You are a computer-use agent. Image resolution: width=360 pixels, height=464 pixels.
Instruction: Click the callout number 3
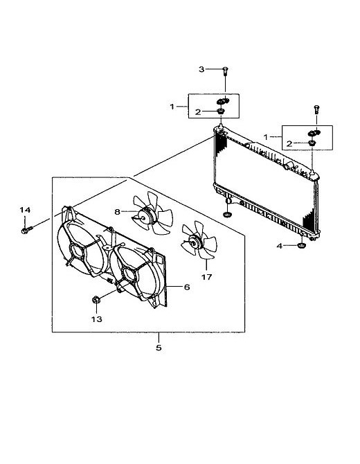click(x=201, y=69)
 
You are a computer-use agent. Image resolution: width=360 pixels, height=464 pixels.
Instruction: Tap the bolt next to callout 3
click(x=226, y=71)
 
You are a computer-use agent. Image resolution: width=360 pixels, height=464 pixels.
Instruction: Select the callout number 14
click(x=25, y=210)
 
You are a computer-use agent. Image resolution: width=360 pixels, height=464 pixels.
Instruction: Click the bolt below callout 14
click(x=26, y=230)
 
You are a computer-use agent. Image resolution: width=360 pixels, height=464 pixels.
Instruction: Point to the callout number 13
click(x=97, y=319)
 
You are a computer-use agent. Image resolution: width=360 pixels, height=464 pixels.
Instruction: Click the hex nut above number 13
click(x=96, y=299)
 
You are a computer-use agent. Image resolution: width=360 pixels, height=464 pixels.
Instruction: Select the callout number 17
click(x=207, y=277)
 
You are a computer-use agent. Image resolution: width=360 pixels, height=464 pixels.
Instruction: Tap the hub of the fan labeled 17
click(x=195, y=242)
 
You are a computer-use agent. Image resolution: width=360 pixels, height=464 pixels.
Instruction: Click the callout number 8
click(x=118, y=212)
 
